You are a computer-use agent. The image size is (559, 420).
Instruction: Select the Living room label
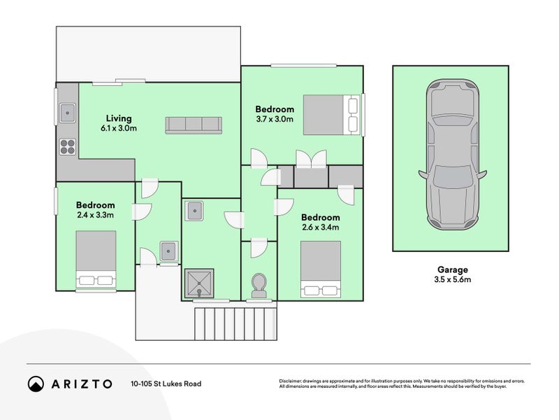point(119,118)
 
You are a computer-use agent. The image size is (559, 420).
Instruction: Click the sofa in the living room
point(193,125)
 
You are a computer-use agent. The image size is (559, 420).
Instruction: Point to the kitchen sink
point(67,111)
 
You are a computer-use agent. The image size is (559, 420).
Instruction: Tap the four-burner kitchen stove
point(67,146)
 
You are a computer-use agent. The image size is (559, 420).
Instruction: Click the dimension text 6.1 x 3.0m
point(119,128)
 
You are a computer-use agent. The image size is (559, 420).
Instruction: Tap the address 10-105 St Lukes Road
point(166,384)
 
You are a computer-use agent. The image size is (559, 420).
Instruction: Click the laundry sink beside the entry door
point(168,250)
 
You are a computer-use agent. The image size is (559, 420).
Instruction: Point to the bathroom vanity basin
point(194,210)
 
